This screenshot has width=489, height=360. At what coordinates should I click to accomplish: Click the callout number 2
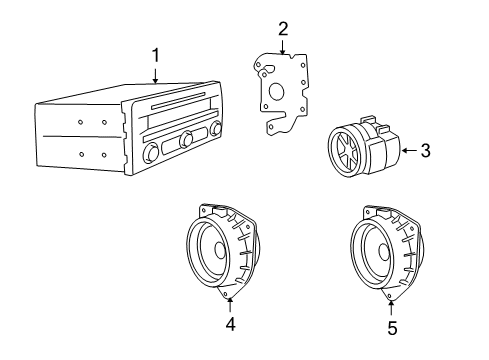pyautogui.click(x=283, y=28)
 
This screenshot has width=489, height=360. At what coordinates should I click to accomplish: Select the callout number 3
pyautogui.click(x=425, y=151)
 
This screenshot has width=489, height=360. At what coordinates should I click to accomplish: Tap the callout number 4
pyautogui.click(x=230, y=323)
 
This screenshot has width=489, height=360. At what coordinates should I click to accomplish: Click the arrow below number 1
pyautogui.click(x=155, y=74)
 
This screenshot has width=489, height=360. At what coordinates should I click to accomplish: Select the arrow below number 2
pyautogui.click(x=283, y=46)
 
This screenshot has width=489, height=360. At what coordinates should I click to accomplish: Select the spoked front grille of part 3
pyautogui.click(x=344, y=159)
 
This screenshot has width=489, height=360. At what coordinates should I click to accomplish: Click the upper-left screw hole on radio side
pyautogui.click(x=80, y=123)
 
